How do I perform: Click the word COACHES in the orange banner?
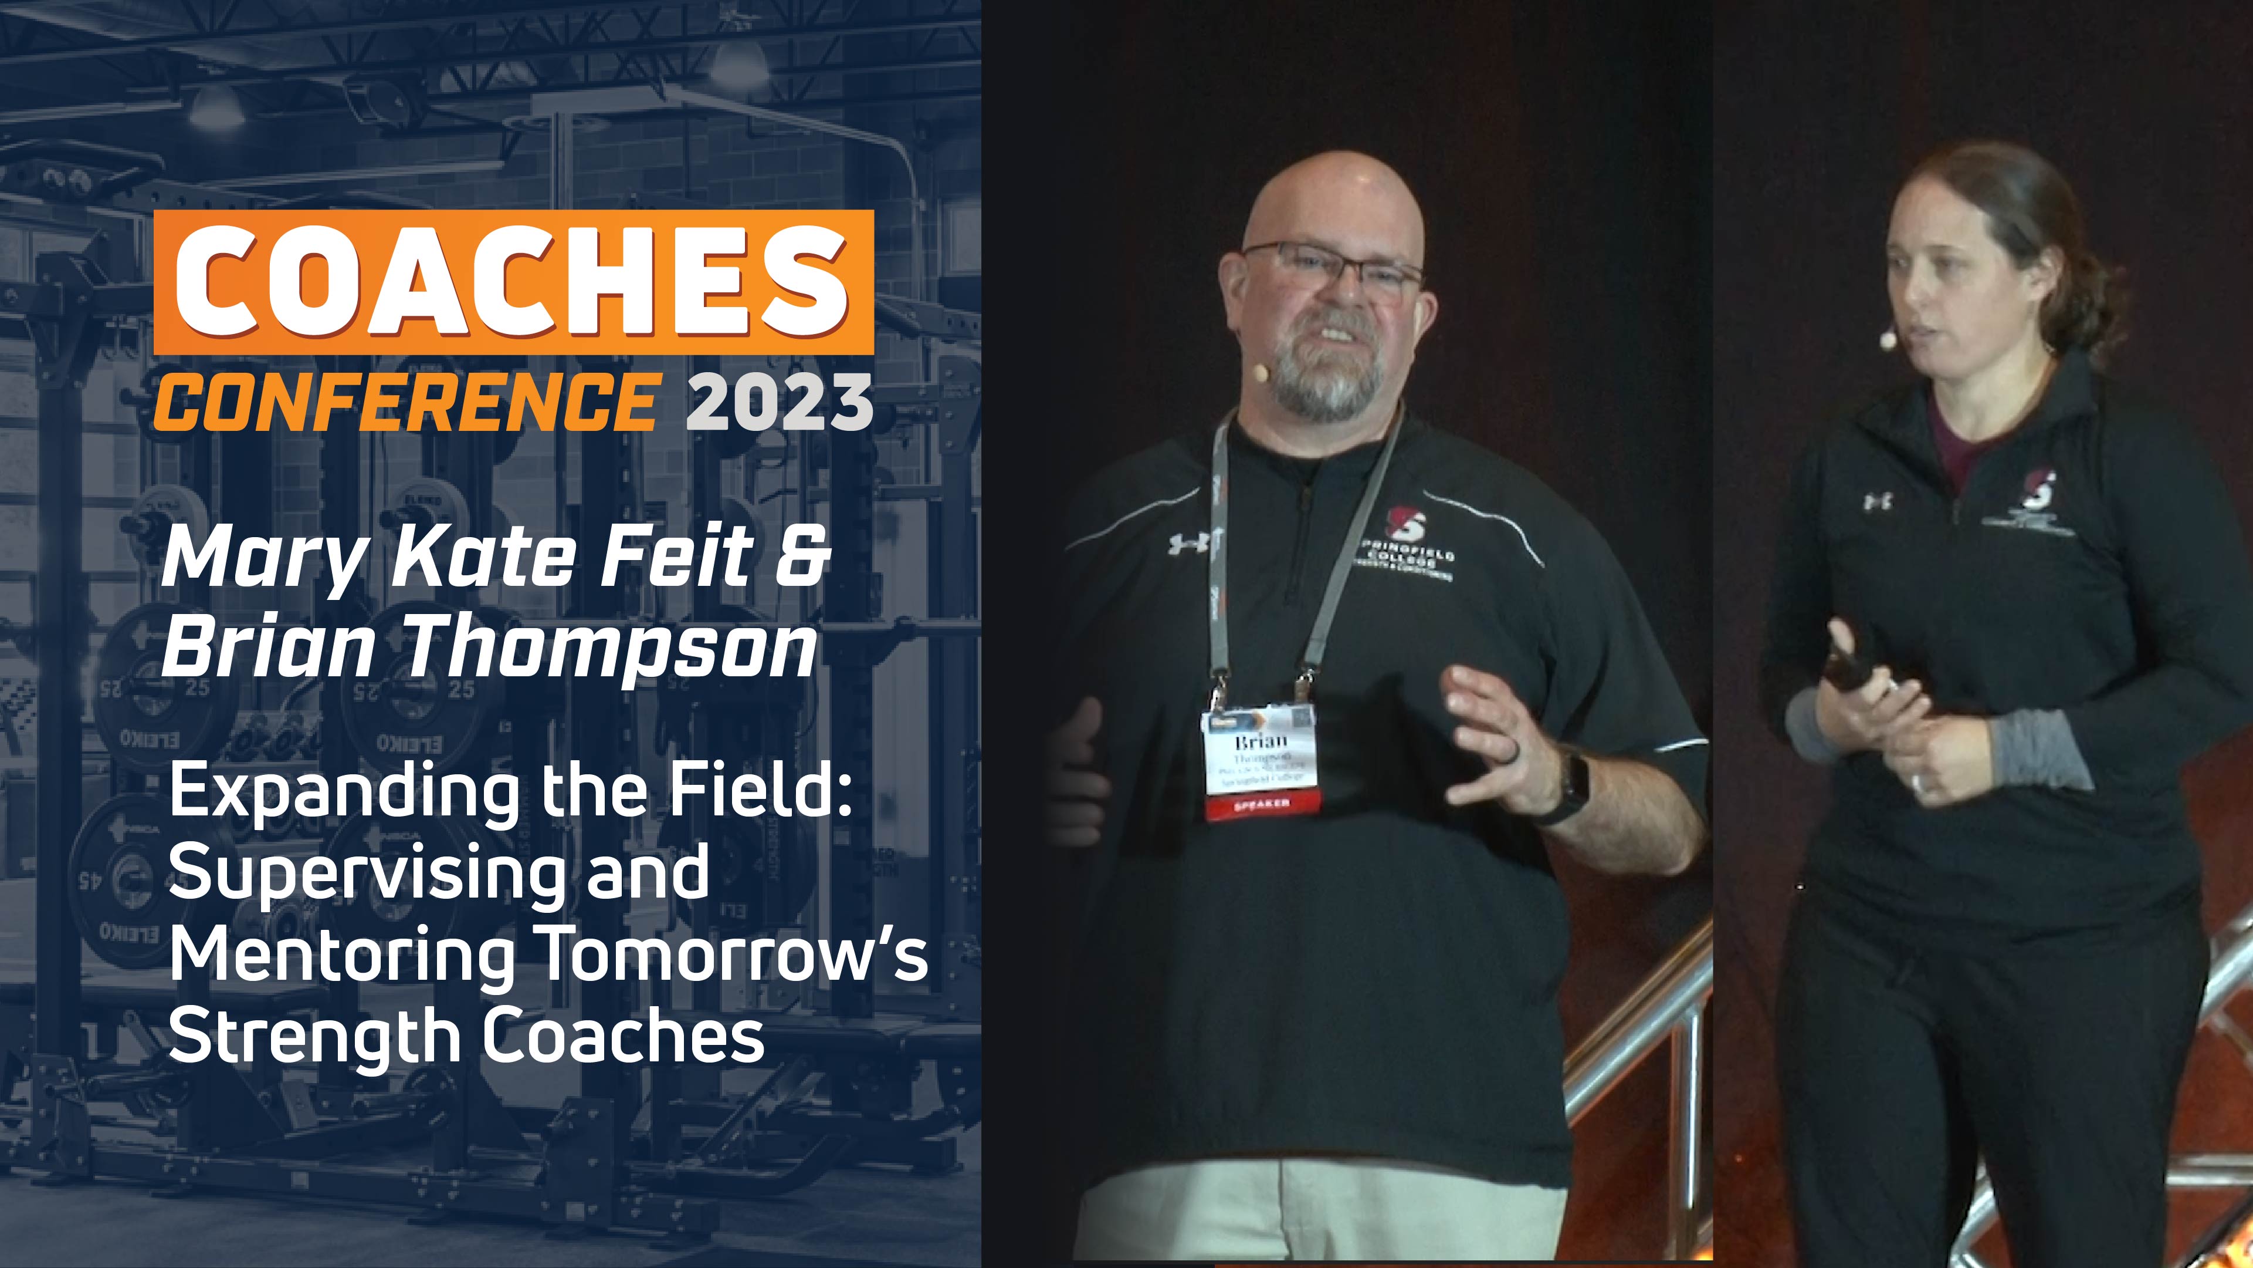(x=513, y=282)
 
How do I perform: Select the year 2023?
(x=780, y=402)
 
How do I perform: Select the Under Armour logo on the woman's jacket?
(x=1877, y=501)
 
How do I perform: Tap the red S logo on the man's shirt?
(x=1405, y=523)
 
